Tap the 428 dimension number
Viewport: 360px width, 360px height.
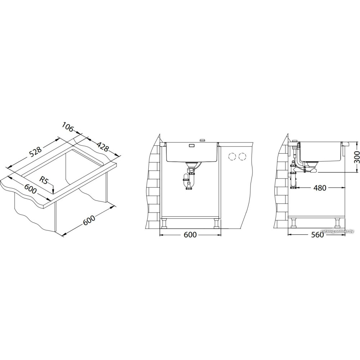click(102, 147)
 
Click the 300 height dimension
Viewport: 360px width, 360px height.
click(356, 157)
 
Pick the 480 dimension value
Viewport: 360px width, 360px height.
click(319, 188)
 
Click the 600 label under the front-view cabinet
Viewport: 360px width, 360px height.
click(190, 235)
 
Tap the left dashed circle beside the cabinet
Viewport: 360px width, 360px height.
click(232, 157)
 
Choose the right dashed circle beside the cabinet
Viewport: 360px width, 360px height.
click(242, 157)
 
